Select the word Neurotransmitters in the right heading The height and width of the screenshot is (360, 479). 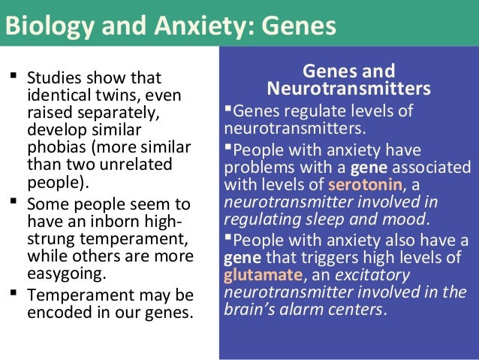tap(349, 90)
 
